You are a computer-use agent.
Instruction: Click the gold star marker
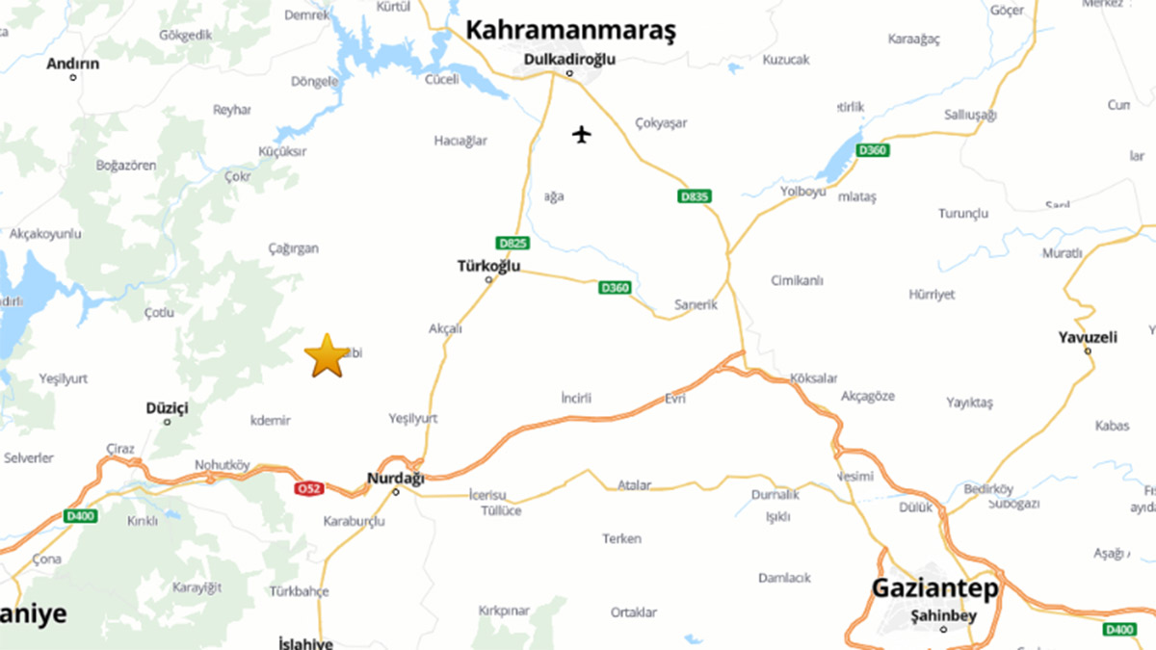click(327, 355)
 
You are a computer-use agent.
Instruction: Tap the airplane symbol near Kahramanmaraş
click(581, 133)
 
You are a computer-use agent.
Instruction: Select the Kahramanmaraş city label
click(570, 30)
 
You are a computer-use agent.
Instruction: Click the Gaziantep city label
click(934, 587)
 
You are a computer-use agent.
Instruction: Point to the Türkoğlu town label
click(488, 266)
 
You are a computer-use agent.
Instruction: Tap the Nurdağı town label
click(395, 478)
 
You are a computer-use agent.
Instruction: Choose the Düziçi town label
click(167, 408)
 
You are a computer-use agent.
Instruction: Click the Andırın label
click(73, 64)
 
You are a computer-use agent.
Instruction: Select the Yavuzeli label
click(1088, 337)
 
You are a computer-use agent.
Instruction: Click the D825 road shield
click(512, 244)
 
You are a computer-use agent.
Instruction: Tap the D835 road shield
click(694, 196)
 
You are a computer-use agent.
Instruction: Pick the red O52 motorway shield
click(308, 488)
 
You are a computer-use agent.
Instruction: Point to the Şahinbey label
click(943, 616)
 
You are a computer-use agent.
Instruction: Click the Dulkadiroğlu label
click(568, 59)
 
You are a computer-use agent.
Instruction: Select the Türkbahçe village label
click(300, 591)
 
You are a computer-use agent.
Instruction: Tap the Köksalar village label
click(813, 378)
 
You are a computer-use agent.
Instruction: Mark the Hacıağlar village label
click(460, 141)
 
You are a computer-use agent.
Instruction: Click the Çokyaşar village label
click(662, 123)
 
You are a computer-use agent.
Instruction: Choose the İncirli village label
click(575, 398)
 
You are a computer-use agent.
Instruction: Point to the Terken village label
click(621, 538)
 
